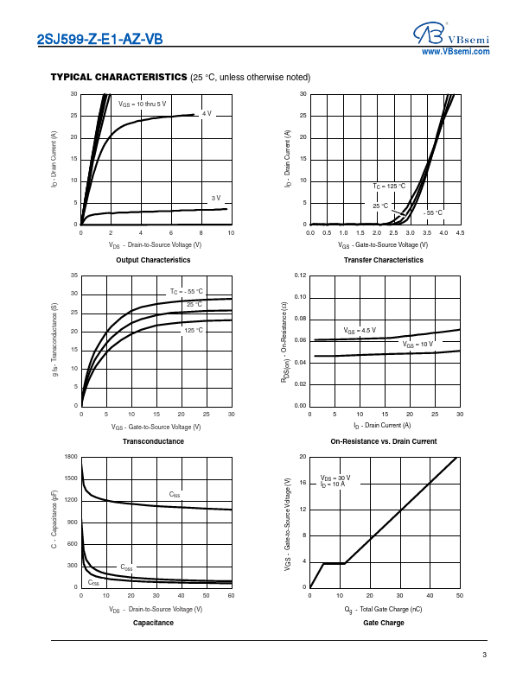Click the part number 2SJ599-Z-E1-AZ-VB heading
[100, 39]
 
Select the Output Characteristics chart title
[153, 260]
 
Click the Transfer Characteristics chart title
[384, 260]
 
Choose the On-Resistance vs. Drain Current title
[384, 441]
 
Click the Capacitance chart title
[153, 623]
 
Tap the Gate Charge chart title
[384, 623]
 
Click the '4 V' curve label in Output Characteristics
[207, 113]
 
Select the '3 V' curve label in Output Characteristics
[216, 199]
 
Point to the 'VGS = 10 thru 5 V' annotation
[143, 104]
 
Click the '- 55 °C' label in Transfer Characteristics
[433, 212]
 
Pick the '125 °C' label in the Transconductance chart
[193, 331]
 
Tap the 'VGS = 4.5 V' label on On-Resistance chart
[360, 331]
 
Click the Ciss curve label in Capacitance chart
[175, 495]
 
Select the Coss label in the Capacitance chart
[126, 567]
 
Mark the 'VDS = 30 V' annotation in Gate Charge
[335, 478]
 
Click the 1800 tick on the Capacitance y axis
[71, 456]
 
